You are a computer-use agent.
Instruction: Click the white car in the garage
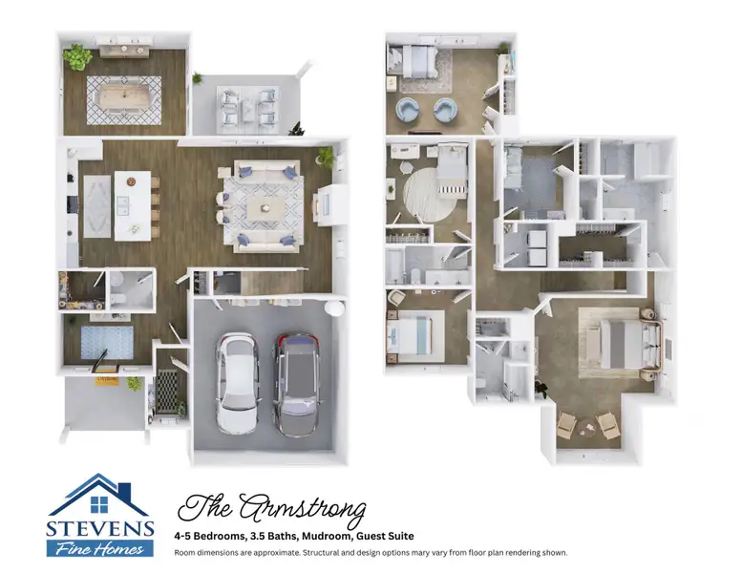tap(236, 382)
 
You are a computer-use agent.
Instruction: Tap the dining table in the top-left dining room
tap(124, 97)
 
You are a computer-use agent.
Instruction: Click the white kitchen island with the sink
tap(133, 204)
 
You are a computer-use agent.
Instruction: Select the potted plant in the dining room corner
tap(77, 57)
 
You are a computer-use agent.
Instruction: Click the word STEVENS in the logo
tap(99, 528)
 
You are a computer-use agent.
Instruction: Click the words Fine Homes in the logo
tap(100, 548)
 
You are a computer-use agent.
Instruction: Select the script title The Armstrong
tap(272, 508)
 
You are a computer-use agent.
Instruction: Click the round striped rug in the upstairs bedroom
tap(432, 195)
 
